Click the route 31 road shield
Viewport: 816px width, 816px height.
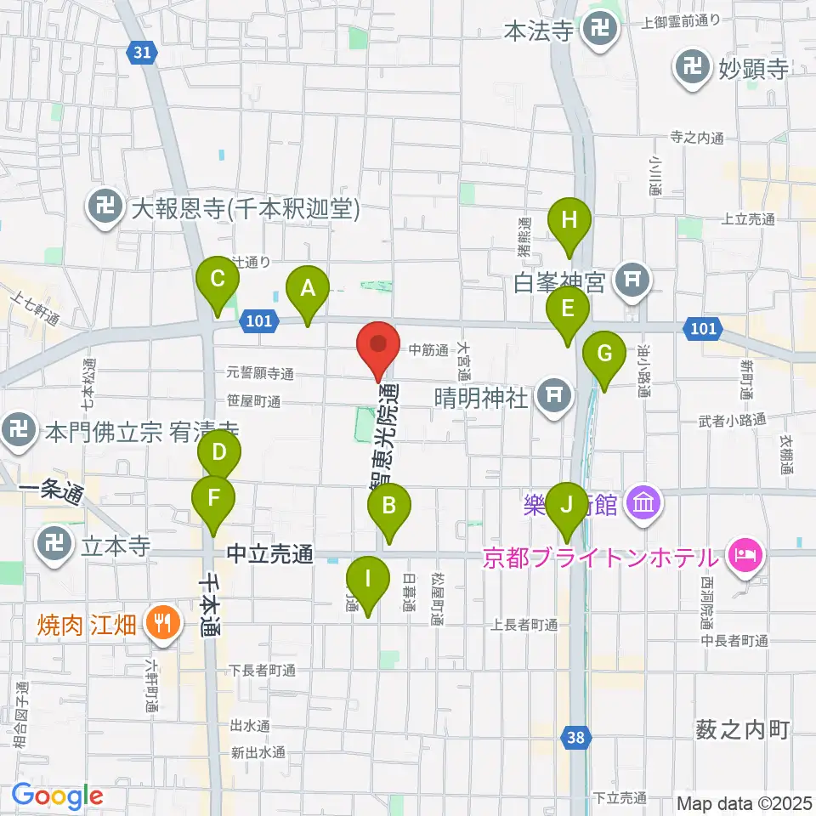[144, 53]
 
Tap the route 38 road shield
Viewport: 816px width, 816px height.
[576, 738]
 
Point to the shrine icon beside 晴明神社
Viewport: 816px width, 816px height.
[553, 396]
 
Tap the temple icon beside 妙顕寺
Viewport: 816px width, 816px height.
[693, 69]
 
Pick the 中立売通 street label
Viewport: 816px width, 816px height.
[270, 555]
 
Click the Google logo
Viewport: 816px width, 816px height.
[58, 796]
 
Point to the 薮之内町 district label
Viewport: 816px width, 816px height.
[742, 728]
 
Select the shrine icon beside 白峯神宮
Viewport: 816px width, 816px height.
[631, 281]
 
